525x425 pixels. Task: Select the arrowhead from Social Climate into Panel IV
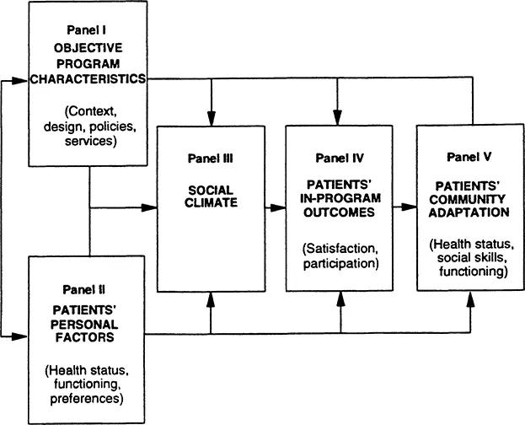[279, 206]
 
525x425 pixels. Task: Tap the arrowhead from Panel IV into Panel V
[410, 206]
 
